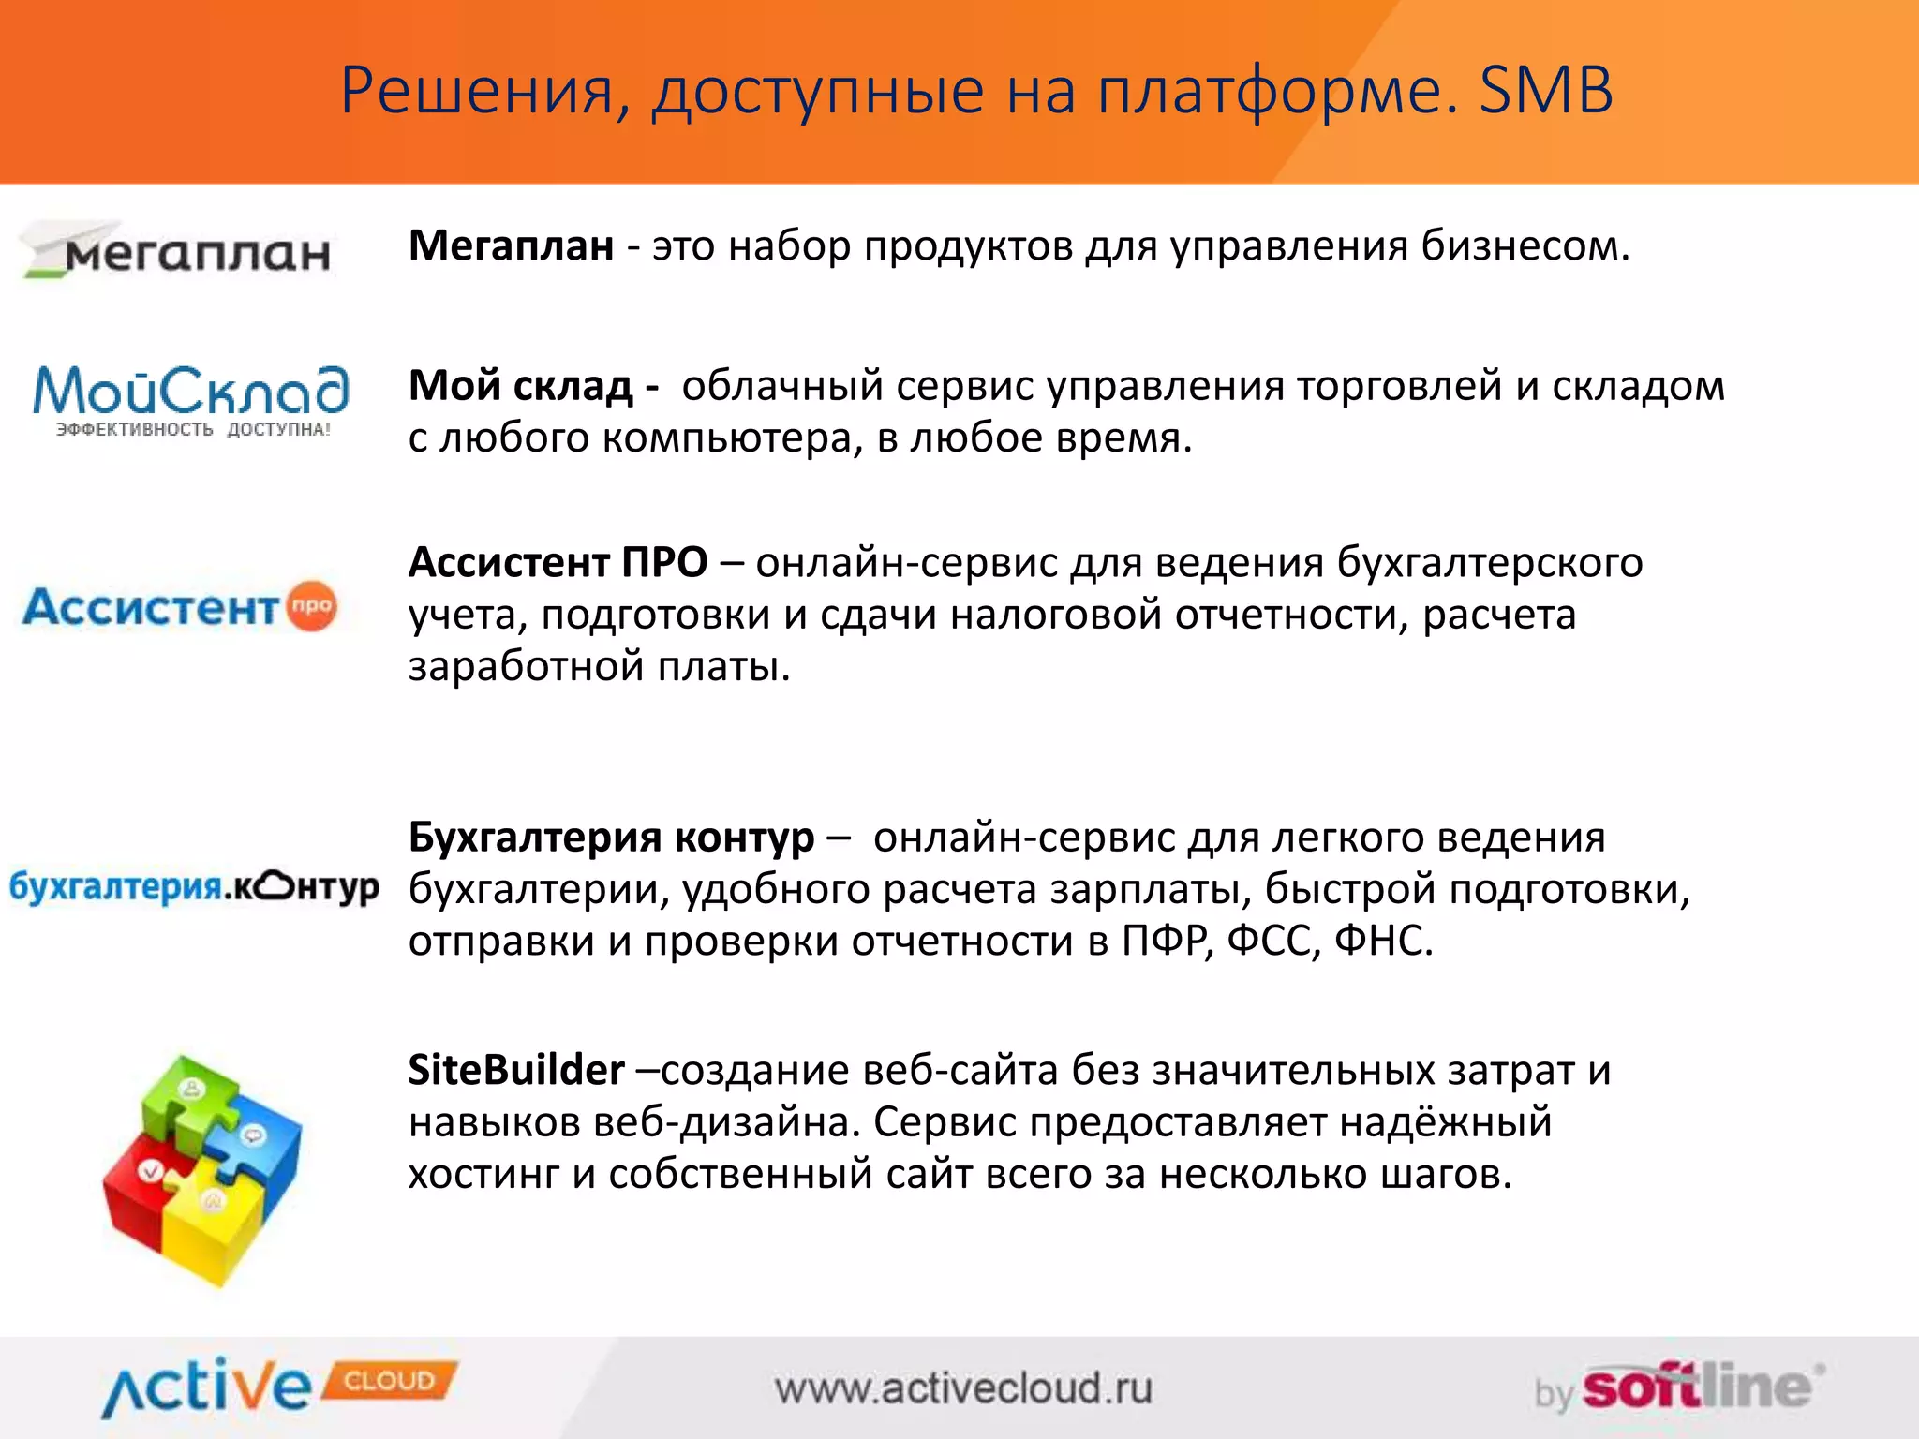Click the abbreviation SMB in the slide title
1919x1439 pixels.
(x=1546, y=91)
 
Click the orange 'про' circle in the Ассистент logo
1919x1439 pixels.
(x=311, y=605)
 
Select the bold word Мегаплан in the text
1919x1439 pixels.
(x=512, y=246)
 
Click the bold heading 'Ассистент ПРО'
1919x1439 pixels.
(x=558, y=563)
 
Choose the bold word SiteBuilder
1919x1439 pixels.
(x=516, y=1070)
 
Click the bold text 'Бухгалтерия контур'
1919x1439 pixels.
(x=611, y=838)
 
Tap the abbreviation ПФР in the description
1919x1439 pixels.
(x=1163, y=941)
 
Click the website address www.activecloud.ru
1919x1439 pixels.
(x=963, y=1388)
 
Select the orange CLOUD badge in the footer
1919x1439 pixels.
(x=390, y=1381)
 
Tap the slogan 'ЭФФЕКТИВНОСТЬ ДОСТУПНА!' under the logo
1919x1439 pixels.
(x=193, y=430)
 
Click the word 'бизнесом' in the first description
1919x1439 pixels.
(x=1525, y=246)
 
